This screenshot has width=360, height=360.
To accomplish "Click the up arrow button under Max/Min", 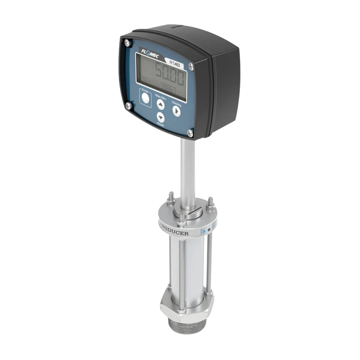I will tap(161, 104).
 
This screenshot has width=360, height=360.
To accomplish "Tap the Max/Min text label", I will tap(161, 96).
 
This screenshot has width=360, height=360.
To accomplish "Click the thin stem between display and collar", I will tap(187, 171).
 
